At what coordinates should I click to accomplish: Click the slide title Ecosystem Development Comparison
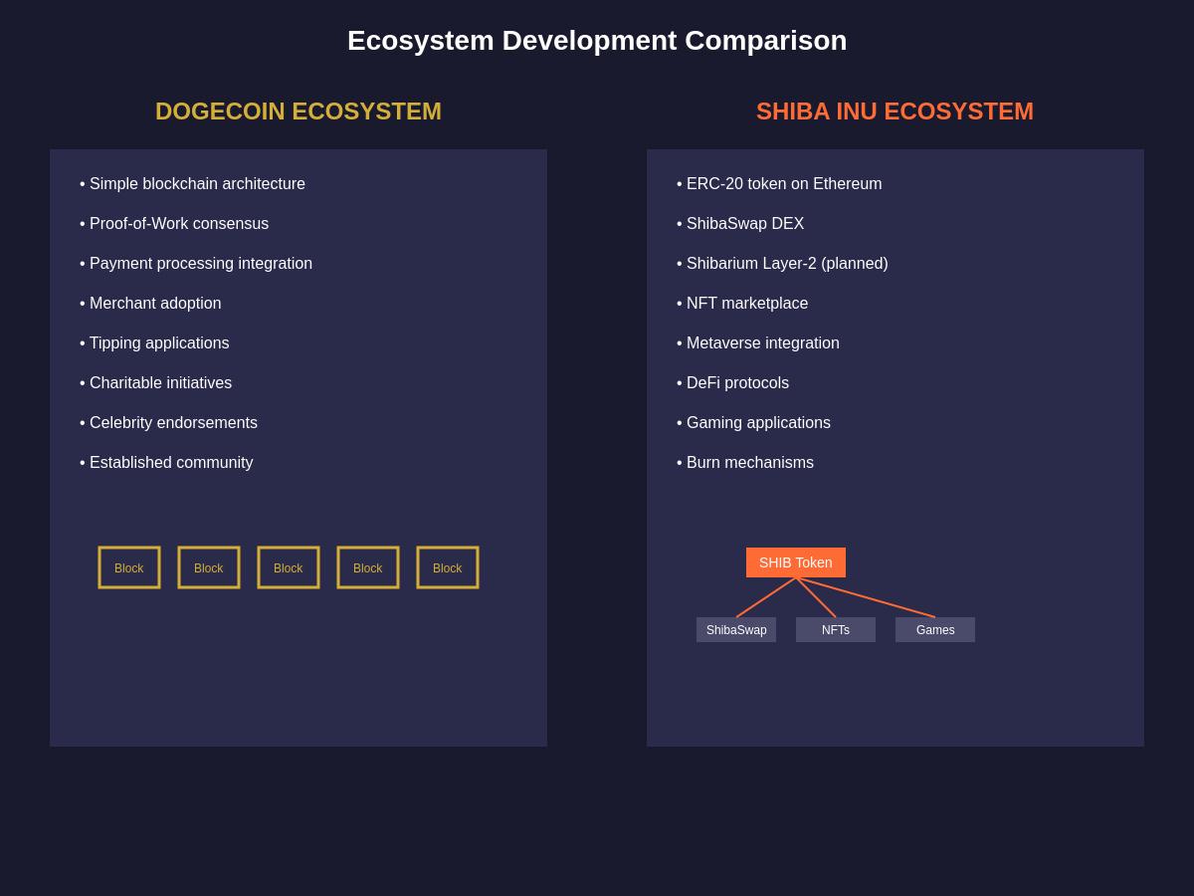point(597,41)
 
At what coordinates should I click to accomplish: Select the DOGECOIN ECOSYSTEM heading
point(298,112)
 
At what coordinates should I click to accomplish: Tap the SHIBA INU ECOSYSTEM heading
point(895,112)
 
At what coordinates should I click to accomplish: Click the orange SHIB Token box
point(796,562)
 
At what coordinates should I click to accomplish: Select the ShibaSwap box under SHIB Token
point(736,630)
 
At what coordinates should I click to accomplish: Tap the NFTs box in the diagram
point(836,630)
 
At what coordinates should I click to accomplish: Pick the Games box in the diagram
point(935,630)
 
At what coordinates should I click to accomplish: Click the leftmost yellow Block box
point(129,567)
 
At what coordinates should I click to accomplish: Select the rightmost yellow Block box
point(448,567)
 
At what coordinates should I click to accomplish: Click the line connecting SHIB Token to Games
point(866,597)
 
